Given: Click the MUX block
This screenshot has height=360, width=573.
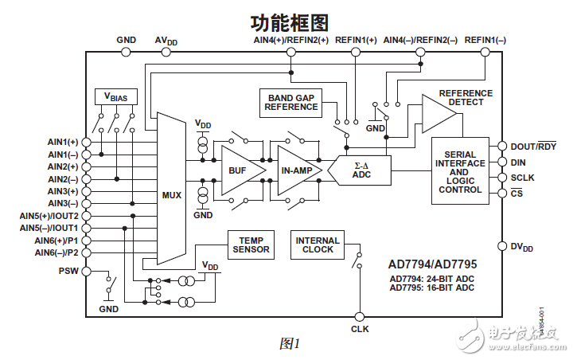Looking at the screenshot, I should [x=171, y=191].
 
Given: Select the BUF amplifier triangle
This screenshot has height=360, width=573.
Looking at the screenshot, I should [x=236, y=170].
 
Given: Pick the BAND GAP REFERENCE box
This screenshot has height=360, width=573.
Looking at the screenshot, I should [x=290, y=102].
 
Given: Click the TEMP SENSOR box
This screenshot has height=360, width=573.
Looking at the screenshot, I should [x=251, y=245].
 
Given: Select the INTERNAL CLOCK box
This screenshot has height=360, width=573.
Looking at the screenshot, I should [x=318, y=245].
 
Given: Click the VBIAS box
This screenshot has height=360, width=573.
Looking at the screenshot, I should [x=116, y=96].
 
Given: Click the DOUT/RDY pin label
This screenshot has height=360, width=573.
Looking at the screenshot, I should [x=534, y=146].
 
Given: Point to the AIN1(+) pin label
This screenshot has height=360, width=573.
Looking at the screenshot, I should [x=63, y=141].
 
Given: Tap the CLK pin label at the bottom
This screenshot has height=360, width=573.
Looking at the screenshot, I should [x=360, y=328].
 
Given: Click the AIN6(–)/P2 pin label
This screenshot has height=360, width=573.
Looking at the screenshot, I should [x=57, y=252].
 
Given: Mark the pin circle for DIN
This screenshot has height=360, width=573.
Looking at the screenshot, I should [x=502, y=162].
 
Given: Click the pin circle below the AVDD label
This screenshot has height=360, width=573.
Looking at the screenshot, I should [x=166, y=53].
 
